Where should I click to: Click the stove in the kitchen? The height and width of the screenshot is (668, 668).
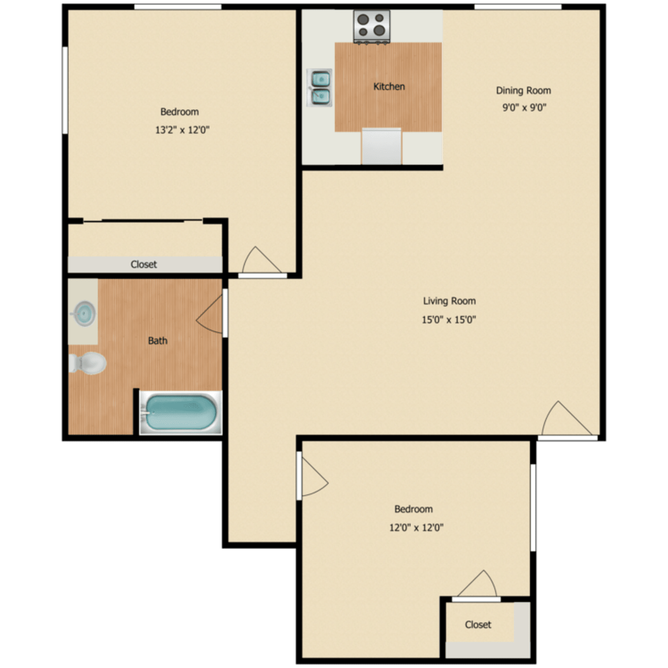pos(372,26)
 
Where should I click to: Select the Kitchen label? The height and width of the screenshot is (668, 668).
pos(389,86)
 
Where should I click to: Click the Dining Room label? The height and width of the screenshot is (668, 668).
pos(523,90)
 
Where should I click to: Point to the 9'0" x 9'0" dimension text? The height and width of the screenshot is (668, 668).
pos(524,107)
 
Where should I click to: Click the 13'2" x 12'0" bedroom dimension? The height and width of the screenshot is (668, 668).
pos(182,130)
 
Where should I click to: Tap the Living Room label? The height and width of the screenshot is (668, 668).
pos(449,301)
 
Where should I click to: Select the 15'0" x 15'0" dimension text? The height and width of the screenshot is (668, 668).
pos(449,319)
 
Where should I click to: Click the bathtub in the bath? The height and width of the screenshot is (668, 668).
pos(180,413)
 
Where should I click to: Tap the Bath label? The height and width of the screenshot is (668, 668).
pos(158,341)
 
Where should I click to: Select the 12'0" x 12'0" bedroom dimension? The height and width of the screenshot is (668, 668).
pos(416,528)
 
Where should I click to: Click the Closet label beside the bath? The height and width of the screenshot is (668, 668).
pos(143,265)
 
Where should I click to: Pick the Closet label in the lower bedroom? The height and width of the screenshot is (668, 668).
pos(478,625)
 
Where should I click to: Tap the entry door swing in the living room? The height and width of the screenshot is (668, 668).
pos(564,420)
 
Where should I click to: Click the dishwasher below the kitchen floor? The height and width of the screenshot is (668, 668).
pos(381,146)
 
